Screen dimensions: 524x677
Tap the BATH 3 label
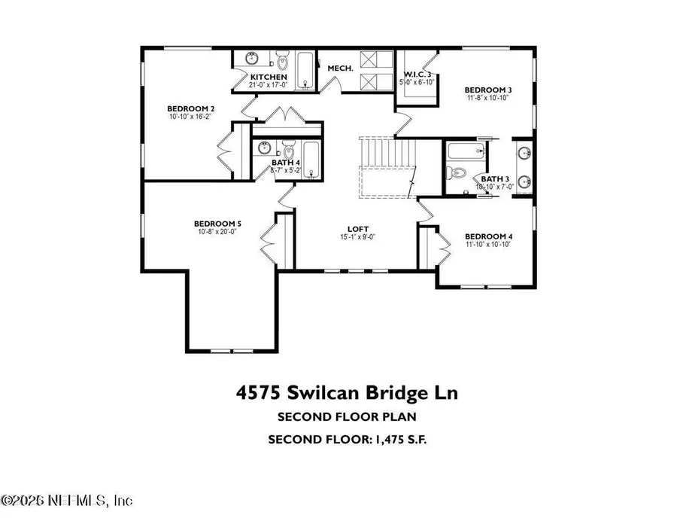click(494, 178)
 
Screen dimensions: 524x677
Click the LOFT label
click(357, 229)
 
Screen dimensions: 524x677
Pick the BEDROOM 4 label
click(487, 235)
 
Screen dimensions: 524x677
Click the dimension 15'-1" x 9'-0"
click(357, 237)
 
